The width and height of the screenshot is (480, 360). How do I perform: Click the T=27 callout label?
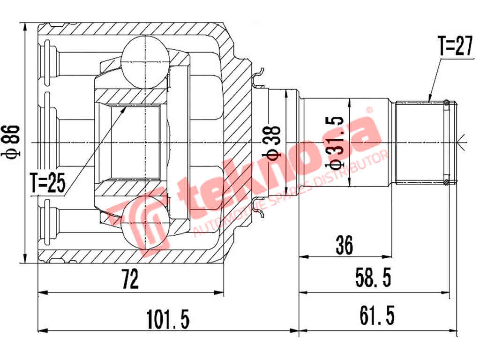(x=455, y=47)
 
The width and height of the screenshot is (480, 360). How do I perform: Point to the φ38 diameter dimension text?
(x=274, y=141)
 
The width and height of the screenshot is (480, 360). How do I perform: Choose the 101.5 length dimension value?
(x=168, y=319)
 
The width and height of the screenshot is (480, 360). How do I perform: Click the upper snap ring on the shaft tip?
(x=447, y=103)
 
